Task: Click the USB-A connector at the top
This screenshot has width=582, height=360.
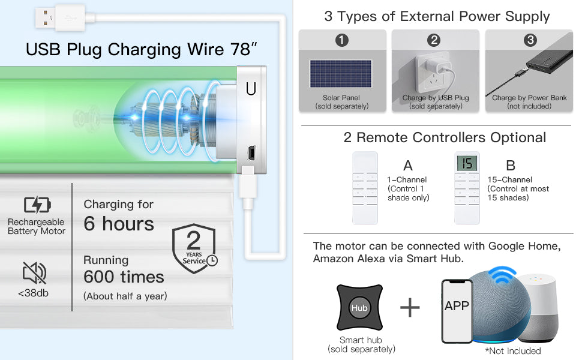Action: [x=52, y=19]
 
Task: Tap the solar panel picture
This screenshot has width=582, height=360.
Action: [x=340, y=73]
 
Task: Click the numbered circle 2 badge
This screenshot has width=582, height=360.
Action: [x=434, y=40]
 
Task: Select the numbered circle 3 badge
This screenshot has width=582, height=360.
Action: [x=530, y=40]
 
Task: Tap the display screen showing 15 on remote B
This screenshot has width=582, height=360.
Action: [x=467, y=163]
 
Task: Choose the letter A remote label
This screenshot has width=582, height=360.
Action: [x=408, y=166]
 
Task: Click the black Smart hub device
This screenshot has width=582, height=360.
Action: [x=359, y=308]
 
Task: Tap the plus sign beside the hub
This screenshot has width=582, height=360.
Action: [x=410, y=308]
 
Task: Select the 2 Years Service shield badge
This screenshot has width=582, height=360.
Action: [x=194, y=248]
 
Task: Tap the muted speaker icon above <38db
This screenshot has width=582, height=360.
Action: [x=34, y=274]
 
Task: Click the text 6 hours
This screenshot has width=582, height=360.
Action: [x=119, y=224]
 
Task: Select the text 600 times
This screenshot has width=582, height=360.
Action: [x=124, y=277]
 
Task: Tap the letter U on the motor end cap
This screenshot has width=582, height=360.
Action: [x=251, y=89]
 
